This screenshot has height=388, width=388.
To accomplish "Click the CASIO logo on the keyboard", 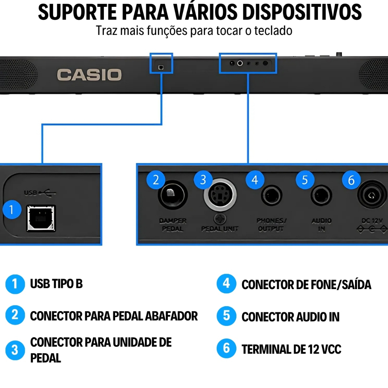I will point(89,74).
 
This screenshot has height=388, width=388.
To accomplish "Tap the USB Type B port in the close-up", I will point(41,218).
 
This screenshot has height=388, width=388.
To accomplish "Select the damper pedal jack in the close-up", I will point(172,196).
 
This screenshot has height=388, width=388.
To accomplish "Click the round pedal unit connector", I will point(220,196).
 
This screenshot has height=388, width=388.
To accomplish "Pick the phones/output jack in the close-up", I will point(272,196).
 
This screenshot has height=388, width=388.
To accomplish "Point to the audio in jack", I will point(321,196).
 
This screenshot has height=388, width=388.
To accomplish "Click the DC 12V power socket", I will point(372,196).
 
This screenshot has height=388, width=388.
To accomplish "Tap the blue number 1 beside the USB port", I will point(12,210).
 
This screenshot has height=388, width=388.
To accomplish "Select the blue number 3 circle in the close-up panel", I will point(203,180).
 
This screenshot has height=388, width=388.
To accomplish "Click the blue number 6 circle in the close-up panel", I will point(351,180).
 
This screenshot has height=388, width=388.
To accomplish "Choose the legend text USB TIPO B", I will point(56,283).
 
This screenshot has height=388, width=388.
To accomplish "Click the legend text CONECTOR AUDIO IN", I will point(290,316).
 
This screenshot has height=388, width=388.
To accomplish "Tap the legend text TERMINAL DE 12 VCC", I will point(291,349).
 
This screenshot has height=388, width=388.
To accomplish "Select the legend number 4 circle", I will point(226,283).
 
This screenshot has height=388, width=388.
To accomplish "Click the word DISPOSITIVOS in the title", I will point(302,13).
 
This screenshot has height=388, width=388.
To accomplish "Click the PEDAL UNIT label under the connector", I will point(220,229).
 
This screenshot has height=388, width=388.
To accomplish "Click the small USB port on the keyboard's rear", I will point(161,67).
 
